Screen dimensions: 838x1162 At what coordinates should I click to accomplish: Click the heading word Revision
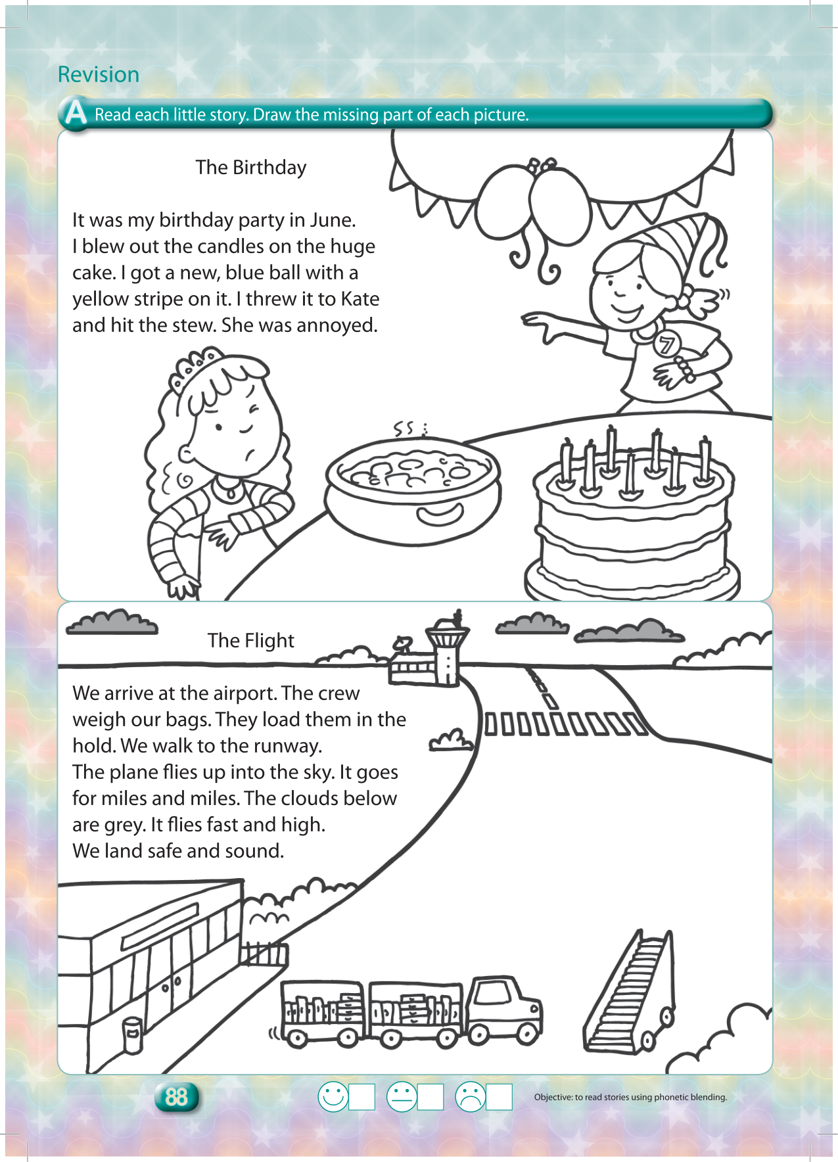[99, 74]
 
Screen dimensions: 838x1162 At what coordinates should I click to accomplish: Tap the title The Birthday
[250, 168]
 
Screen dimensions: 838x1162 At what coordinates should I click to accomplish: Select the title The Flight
[250, 640]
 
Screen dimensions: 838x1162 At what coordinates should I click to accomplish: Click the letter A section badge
[75, 113]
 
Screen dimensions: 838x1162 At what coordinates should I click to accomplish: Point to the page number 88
[176, 1097]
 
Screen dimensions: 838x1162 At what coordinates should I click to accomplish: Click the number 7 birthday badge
[666, 344]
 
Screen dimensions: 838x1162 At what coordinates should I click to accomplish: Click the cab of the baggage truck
[503, 1008]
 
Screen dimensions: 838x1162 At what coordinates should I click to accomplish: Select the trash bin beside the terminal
[133, 1036]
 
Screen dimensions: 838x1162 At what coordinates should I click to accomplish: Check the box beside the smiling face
[361, 1097]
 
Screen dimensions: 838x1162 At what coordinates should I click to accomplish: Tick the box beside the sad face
[499, 1097]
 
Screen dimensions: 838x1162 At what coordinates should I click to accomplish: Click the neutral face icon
[402, 1097]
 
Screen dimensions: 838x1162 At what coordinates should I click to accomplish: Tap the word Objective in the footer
[553, 1097]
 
